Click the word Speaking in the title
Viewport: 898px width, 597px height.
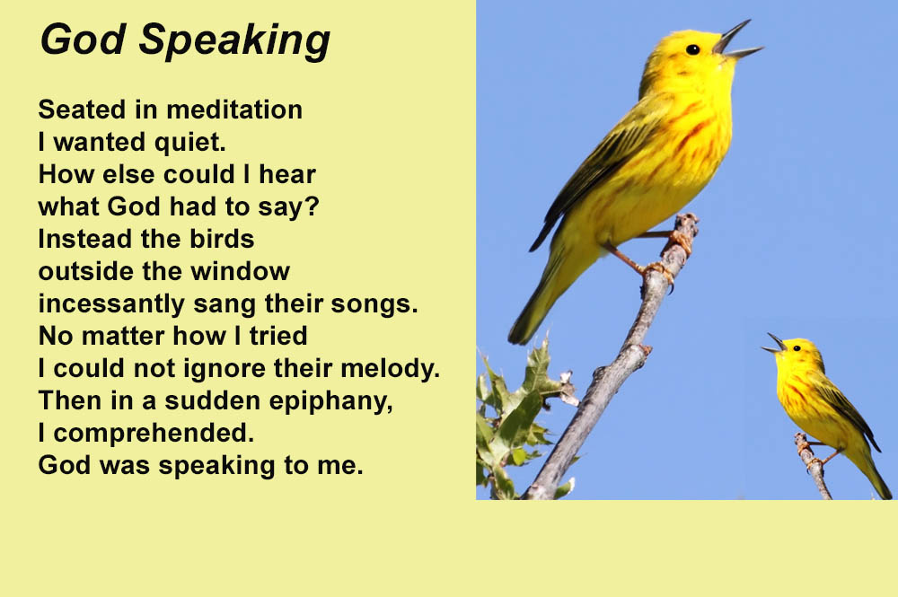click(234, 40)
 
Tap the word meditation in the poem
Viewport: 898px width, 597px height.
click(234, 110)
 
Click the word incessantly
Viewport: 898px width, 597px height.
click(111, 304)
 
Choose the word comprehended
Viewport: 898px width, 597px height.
click(154, 433)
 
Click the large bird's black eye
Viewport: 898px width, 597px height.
click(692, 49)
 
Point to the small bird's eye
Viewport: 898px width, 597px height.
click(796, 348)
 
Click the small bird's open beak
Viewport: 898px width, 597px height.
click(774, 344)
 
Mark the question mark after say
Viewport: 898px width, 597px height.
click(313, 206)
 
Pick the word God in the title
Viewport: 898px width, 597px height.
click(83, 40)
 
